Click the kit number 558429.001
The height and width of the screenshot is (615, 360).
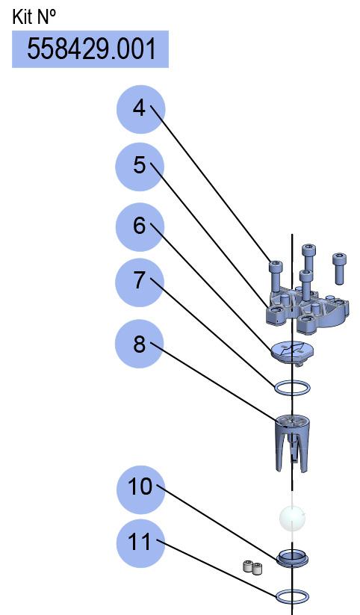click(91, 49)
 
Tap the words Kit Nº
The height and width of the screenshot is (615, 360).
click(34, 17)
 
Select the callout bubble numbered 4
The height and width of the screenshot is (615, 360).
click(140, 109)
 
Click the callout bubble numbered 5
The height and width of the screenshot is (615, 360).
click(140, 167)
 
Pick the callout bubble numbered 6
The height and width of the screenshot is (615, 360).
click(140, 227)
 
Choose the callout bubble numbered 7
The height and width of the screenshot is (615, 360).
click(140, 282)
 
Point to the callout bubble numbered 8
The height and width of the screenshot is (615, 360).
click(139, 344)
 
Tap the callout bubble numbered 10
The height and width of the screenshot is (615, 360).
click(140, 490)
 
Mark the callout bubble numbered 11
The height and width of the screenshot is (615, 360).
click(140, 543)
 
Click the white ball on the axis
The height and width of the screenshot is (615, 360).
click(292, 518)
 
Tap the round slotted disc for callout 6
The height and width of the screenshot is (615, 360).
click(292, 351)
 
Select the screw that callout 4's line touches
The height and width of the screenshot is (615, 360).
click(276, 277)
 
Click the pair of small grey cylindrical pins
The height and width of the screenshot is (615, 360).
click(252, 567)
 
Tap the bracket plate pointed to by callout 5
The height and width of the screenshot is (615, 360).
click(308, 311)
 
